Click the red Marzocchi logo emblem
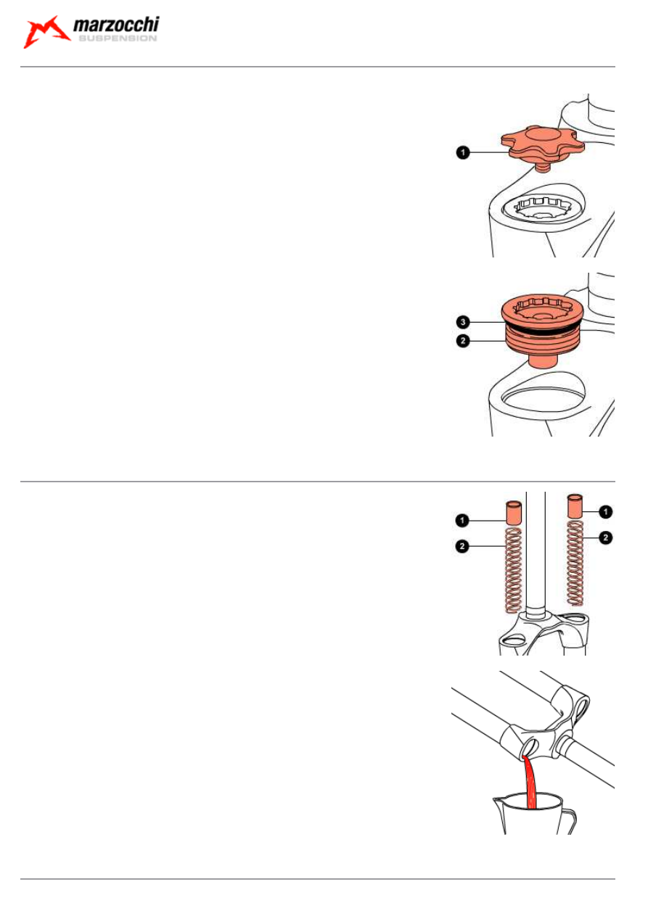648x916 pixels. pos(46,32)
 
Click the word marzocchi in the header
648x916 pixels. pos(116,25)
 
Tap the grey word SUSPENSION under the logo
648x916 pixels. pos(118,38)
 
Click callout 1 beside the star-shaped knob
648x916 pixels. pos(463,152)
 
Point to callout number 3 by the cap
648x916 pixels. pos(463,322)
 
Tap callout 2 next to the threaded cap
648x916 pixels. pos(463,340)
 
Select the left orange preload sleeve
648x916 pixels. pos(514,513)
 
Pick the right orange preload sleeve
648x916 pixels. pos(575,506)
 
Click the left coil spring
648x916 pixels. pos(514,570)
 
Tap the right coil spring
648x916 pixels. pos(575,563)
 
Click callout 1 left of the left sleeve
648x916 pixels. pos(462,521)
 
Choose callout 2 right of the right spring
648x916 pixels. pos(606,537)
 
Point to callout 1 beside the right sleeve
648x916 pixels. pos(606,511)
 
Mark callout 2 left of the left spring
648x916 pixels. pos(462,546)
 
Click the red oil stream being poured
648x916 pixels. pos(530,783)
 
